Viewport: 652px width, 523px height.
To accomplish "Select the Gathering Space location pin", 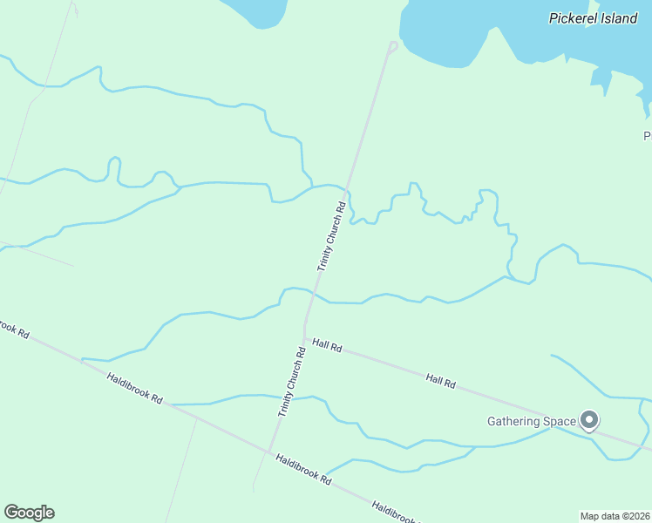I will [x=589, y=421].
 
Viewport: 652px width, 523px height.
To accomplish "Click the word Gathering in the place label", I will [x=514, y=422].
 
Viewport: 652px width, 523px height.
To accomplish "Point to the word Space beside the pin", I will [x=560, y=422].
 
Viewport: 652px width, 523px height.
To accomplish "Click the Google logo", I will [x=29, y=513].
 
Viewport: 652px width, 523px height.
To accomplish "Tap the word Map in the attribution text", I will [x=590, y=515].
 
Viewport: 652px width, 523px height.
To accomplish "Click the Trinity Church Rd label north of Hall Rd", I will [x=332, y=237].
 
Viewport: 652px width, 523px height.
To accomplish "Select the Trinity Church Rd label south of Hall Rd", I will [x=292, y=382].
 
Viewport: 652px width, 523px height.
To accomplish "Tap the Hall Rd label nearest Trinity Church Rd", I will [x=328, y=348].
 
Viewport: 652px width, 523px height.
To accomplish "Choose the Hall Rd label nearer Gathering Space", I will [x=441, y=380].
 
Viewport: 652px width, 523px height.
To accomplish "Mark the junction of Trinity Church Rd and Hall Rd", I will [x=304, y=339].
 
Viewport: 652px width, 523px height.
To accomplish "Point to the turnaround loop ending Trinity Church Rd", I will [x=393, y=46].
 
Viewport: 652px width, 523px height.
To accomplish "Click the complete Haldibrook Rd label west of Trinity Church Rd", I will [x=135, y=388].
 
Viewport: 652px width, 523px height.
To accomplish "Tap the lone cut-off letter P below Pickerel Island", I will [x=648, y=136].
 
